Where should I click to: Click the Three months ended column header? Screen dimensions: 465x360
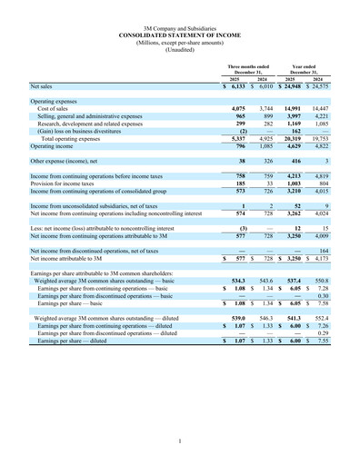[x=248, y=68]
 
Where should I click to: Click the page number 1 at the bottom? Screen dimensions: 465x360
[x=180, y=441]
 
